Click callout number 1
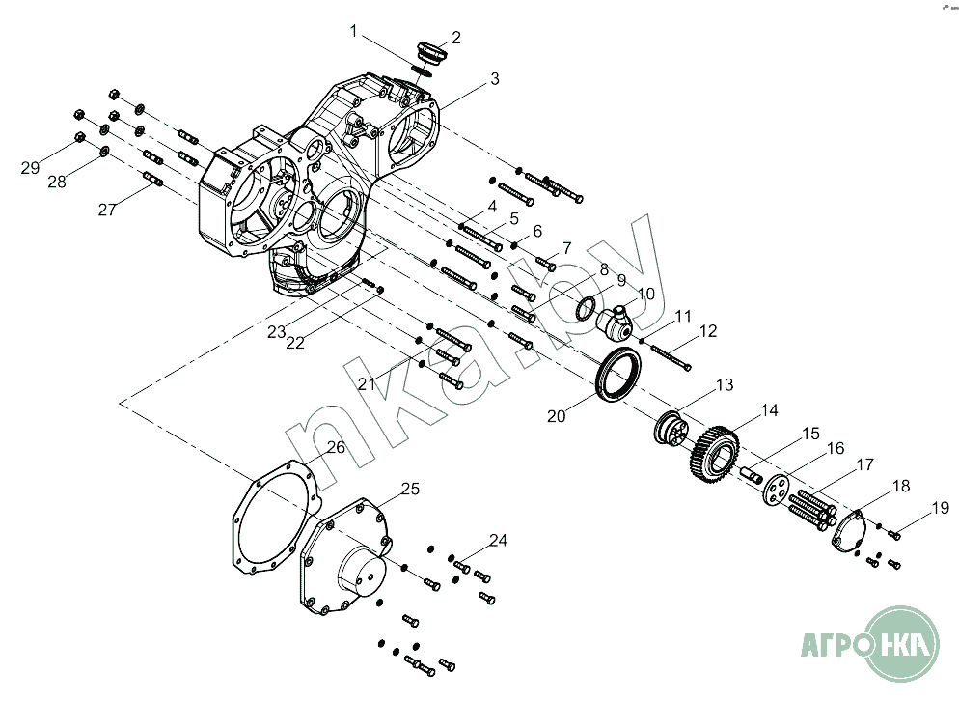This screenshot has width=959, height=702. coord(354,32)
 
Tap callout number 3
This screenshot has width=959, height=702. coord(494,79)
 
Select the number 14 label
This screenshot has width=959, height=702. coord(769,410)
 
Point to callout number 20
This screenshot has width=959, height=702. coord(555,416)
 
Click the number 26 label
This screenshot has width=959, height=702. coord(335,447)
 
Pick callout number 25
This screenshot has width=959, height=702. coord(410,490)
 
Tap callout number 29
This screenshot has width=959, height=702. coord(30,168)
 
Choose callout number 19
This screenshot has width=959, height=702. coord(940,507)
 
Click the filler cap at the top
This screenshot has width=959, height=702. coord(428,50)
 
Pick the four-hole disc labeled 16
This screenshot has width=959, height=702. coord(772,489)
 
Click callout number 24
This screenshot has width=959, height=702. coord(498,541)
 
